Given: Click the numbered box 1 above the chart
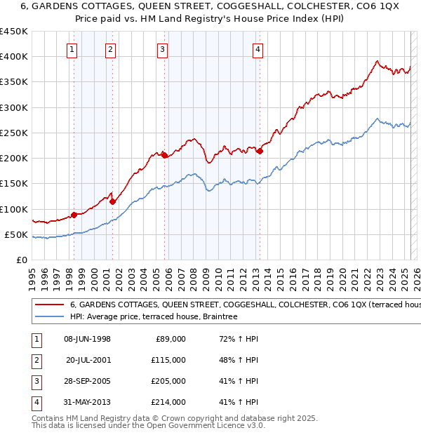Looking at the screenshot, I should (x=73, y=49).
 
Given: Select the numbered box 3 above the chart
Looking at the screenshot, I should (x=162, y=49).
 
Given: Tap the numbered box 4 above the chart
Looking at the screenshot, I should (x=258, y=49).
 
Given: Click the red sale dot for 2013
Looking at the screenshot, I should (x=260, y=151).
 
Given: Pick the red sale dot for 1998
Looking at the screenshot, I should (x=74, y=215).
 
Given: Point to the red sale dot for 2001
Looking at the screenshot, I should (x=112, y=201).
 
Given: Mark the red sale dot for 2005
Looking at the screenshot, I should (x=165, y=156).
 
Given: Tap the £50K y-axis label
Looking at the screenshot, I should (x=17, y=234).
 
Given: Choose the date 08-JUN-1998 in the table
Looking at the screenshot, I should (x=87, y=339).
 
